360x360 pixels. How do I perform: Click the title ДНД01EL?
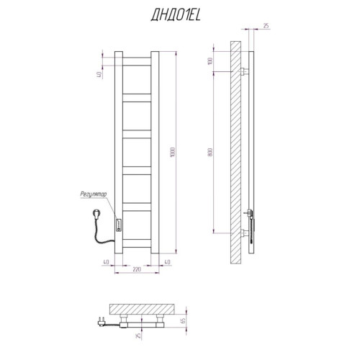176,16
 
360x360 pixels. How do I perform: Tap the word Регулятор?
94,194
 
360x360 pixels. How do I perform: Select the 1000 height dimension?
173,152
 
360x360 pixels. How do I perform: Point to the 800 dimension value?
210,152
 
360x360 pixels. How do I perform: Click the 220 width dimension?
137,269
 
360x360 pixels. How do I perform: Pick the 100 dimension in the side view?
210,61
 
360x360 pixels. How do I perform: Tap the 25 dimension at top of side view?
266,26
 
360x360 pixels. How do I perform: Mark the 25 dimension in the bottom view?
138,335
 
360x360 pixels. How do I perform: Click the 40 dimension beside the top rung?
99,74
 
